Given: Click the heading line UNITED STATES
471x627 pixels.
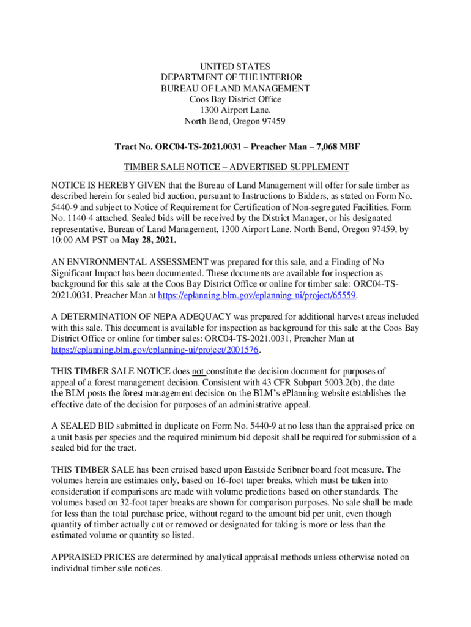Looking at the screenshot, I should tap(236, 66).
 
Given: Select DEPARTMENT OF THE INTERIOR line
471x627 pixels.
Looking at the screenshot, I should tap(236, 77).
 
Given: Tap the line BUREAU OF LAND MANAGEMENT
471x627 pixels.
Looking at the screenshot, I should tap(236, 88).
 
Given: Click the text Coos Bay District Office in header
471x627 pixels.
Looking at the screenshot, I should tap(236, 99).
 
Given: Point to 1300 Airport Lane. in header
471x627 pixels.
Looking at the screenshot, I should tap(236, 110).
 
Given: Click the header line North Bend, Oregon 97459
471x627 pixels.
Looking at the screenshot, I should tap(236, 121).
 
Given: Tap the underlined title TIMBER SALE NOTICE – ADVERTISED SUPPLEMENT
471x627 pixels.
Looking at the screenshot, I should tap(236, 167).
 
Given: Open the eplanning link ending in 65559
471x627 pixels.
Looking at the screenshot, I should tap(258, 295).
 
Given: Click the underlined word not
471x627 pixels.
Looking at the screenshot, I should tap(198, 371).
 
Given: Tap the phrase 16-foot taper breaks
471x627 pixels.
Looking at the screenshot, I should tap(226, 481).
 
